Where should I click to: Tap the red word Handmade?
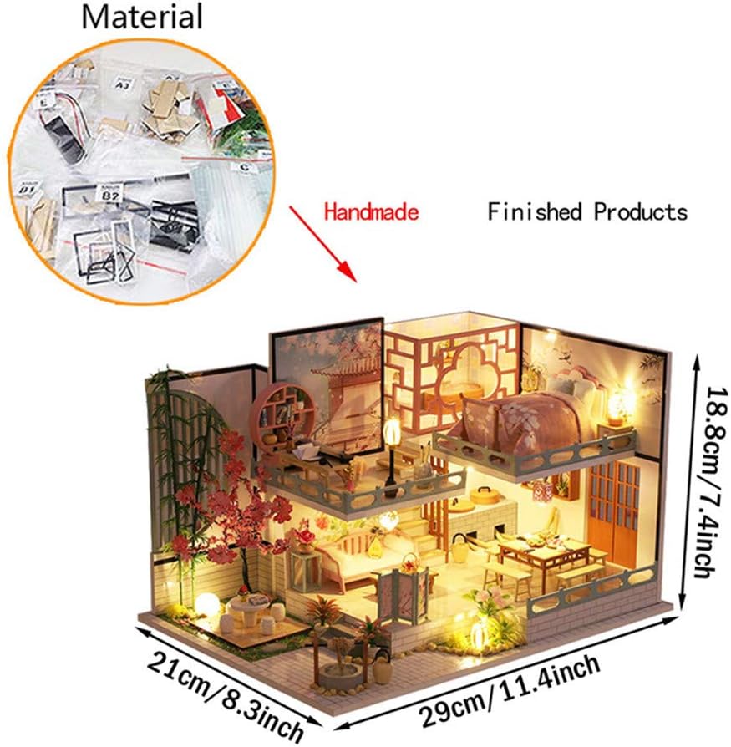pos(372,212)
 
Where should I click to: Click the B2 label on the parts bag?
pos(110,195)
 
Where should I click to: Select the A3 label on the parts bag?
pos(123,84)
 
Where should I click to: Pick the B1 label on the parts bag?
pos(27,191)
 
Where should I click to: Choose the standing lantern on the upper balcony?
pos(391,447)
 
